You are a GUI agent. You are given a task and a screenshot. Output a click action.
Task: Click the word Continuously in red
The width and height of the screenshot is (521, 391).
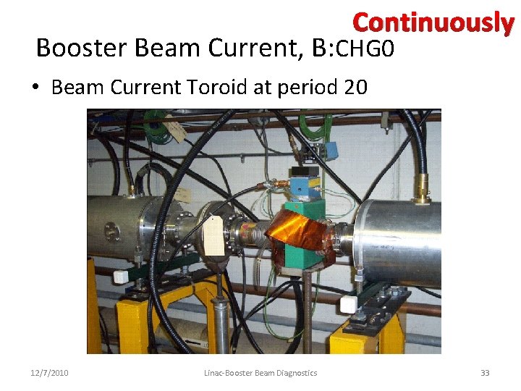433,23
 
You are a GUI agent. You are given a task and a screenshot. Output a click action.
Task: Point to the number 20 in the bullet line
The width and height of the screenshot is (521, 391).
355,88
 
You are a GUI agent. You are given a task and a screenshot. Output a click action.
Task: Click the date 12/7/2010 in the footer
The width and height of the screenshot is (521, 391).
49,373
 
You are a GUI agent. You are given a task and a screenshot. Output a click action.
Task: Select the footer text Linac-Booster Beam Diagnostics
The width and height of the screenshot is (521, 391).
260,373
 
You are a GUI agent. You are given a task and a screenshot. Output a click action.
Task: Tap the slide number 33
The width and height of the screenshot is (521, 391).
485,373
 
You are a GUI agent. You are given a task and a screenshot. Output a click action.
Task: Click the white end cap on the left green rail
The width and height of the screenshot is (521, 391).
120,277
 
